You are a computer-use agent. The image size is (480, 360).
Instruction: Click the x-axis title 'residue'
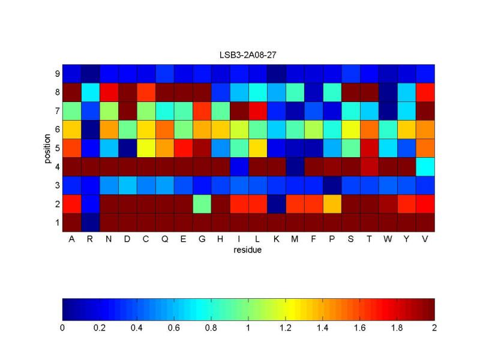click(247, 250)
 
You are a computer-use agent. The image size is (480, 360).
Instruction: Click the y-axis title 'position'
click(48, 148)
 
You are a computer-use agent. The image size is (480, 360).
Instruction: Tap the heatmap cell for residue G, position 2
click(202, 204)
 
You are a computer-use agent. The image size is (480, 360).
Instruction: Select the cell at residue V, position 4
click(425, 167)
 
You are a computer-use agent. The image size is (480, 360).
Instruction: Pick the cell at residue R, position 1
click(90, 223)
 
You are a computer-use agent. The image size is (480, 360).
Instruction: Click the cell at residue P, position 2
click(332, 204)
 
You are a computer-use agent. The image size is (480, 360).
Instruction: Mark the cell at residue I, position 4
click(239, 167)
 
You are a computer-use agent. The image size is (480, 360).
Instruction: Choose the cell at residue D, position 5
click(127, 148)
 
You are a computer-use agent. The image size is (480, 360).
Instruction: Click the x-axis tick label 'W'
click(388, 239)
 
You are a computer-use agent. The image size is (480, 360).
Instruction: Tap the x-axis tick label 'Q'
click(164, 239)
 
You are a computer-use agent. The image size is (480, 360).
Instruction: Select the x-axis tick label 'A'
click(71, 239)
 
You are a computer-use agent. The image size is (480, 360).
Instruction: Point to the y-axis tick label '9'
click(57, 74)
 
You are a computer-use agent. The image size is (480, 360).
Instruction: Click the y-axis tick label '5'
click(57, 148)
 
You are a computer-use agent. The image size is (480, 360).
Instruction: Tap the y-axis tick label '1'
click(57, 223)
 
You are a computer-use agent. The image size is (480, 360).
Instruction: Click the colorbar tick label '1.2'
click(286, 328)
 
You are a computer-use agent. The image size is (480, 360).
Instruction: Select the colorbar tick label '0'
click(62, 328)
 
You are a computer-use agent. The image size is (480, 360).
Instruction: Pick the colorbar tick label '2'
click(434, 328)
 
